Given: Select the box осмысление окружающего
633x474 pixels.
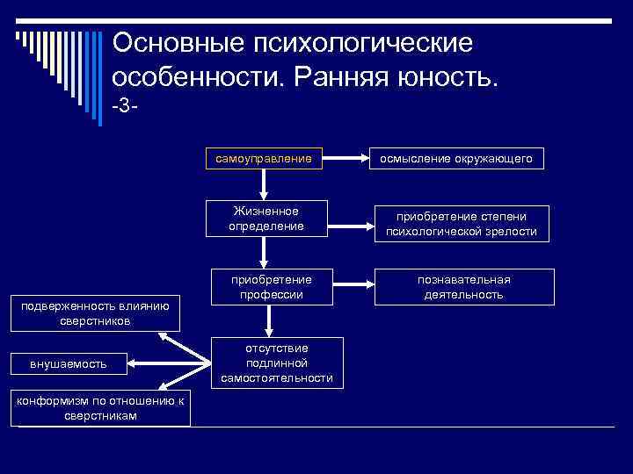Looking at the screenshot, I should click(x=455, y=159).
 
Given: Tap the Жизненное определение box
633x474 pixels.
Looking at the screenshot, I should click(x=265, y=219).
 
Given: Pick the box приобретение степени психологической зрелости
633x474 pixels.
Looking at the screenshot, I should click(x=461, y=225).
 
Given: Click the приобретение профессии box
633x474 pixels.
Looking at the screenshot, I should click(x=271, y=286).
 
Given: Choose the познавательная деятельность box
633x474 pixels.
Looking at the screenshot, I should click(x=463, y=286).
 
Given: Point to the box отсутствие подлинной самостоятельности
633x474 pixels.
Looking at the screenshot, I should click(x=277, y=363).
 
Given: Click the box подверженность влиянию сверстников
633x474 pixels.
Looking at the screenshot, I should click(x=77, y=313).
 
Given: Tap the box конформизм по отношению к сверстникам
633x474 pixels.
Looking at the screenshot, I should click(x=100, y=408).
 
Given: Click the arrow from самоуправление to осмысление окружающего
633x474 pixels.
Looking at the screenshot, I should click(x=344, y=159).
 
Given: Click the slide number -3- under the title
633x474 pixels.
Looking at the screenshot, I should click(x=126, y=107).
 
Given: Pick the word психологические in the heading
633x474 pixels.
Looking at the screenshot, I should click(x=362, y=42).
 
